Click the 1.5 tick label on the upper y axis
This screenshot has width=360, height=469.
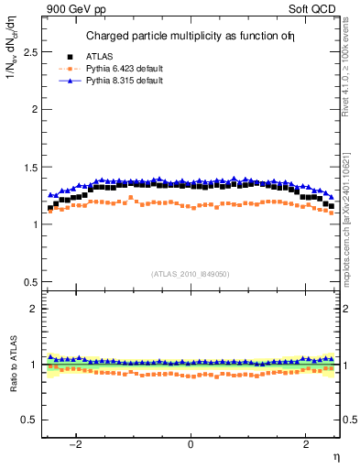click(x=29, y=167)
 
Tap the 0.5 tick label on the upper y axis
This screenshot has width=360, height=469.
click(x=29, y=281)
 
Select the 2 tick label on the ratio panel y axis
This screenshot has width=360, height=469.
click(x=34, y=309)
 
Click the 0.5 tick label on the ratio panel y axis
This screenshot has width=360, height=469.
click(x=29, y=420)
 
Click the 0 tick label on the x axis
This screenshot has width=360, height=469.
click(x=191, y=444)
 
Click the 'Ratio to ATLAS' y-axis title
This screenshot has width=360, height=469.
click(x=11, y=365)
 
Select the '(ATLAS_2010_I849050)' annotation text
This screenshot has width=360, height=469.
click(x=191, y=273)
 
